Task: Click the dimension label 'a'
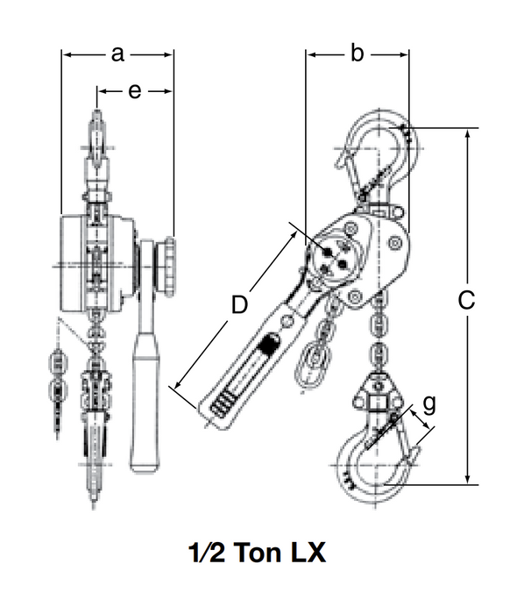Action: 118,54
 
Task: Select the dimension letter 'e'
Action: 134,90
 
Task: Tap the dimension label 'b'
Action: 357,54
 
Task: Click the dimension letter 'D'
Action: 238,305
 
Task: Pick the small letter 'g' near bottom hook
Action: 428,404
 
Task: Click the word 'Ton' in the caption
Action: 258,554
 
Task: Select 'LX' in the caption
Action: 308,554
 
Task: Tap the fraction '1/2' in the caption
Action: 207,554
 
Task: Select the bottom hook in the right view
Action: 372,465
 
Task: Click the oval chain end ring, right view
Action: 310,361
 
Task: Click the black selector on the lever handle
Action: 269,344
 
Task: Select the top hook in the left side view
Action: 96,140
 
